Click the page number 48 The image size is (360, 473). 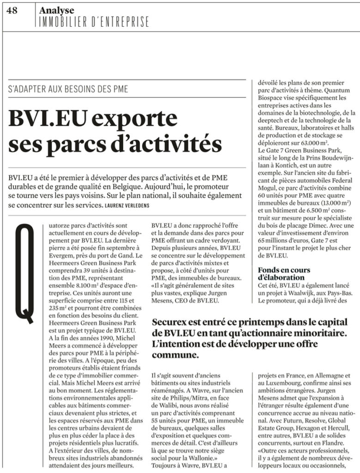12,11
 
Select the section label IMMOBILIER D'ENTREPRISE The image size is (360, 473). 94,22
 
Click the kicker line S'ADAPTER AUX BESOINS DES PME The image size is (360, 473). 68,89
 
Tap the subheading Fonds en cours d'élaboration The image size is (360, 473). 284,273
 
